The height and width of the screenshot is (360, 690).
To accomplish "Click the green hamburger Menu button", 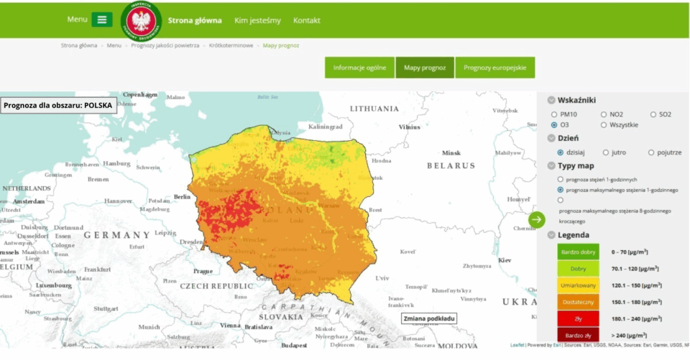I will click(102, 20).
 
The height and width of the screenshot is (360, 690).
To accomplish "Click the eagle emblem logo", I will click(141, 20).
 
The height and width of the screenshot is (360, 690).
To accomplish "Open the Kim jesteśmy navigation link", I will click(257, 20).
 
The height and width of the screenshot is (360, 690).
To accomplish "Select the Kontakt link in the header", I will click(307, 20).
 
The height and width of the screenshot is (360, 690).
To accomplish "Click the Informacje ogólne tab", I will click(359, 67).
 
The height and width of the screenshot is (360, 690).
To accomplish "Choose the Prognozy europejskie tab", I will click(495, 67).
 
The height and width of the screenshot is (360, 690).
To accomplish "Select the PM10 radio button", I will click(555, 115).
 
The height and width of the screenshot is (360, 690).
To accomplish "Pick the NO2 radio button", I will click(603, 115).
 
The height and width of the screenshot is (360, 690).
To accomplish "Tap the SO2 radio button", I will click(653, 115).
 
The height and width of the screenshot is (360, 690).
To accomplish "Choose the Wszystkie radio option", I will click(603, 125).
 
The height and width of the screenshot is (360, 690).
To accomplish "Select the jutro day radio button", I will click(606, 152).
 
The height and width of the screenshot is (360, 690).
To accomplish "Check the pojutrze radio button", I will click(651, 152).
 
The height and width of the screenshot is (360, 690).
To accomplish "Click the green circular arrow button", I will click(536, 219).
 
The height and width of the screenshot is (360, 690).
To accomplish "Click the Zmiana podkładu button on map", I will click(429, 318).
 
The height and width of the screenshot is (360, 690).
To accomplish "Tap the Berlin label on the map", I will click(183, 197).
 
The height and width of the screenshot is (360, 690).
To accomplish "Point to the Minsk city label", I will click(451, 153).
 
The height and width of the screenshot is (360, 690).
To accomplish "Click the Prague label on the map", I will click(203, 271).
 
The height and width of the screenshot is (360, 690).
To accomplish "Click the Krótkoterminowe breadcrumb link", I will click(231, 46).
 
